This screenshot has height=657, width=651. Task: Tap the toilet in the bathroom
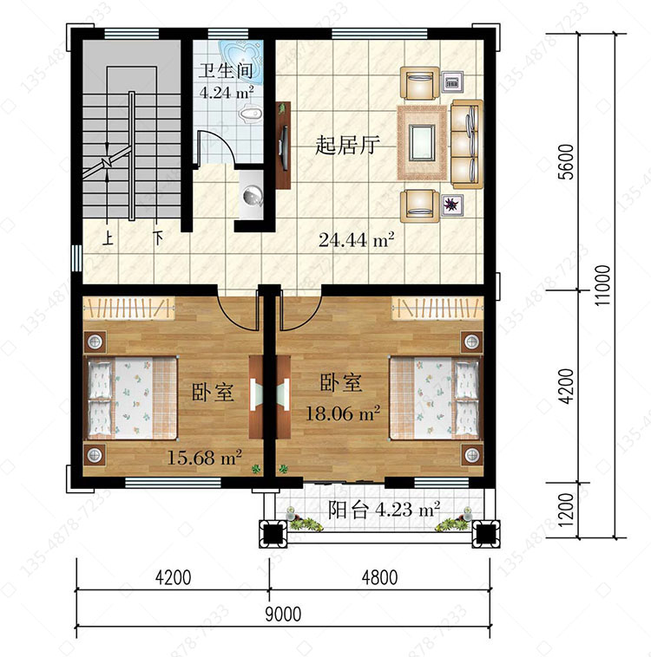(x=251, y=114)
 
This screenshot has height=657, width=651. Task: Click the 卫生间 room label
(x=226, y=71)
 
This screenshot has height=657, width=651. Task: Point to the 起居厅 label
(x=347, y=145)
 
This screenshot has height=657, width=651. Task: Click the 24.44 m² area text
(x=356, y=240)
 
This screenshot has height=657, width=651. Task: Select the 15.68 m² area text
(x=204, y=457)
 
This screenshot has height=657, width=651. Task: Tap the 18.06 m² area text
(x=343, y=413)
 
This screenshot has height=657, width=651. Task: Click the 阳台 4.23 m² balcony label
(x=384, y=510)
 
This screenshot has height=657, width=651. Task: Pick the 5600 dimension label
(x=567, y=162)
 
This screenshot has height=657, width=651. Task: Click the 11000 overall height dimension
(x=602, y=285)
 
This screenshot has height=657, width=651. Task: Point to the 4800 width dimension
(x=379, y=577)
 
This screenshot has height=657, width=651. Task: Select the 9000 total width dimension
(x=283, y=615)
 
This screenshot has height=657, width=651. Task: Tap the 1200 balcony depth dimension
(x=567, y=510)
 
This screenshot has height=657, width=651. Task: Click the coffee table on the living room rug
(x=422, y=143)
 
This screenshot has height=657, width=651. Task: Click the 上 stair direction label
(x=108, y=239)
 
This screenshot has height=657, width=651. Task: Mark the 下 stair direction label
(x=158, y=238)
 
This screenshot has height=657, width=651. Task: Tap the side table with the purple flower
(x=452, y=205)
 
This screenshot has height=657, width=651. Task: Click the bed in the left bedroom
(x=132, y=398)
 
